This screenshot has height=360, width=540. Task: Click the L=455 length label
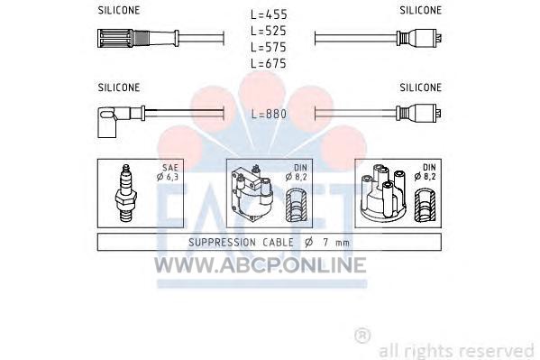(269, 14)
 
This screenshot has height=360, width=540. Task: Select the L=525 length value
(269, 31)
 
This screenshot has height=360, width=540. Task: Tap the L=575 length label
(269, 47)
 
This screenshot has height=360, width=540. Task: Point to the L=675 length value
(269, 63)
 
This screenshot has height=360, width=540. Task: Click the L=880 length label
(269, 114)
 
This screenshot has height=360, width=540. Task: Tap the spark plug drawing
(126, 193)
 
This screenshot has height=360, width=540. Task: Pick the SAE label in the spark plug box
(170, 168)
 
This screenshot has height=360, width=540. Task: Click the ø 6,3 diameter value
(168, 177)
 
